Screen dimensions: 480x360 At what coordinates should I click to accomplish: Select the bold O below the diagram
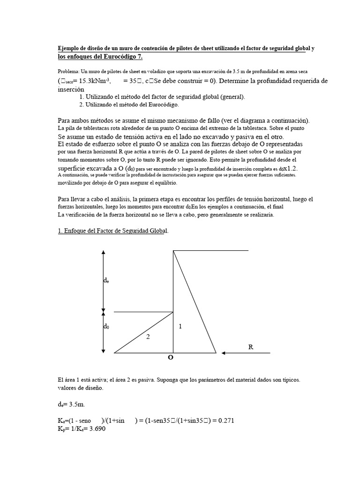tap(171, 357)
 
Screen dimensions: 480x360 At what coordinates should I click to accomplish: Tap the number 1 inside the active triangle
tap(180, 327)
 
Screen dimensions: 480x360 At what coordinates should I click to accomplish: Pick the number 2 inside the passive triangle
tap(148, 336)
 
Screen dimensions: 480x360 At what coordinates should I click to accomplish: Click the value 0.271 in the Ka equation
tap(224, 420)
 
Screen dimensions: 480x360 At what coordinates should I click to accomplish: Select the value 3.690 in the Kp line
tap(96, 428)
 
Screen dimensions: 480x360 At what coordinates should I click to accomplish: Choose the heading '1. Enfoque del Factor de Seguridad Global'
tap(112, 231)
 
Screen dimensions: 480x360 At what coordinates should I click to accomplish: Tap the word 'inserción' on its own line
tap(71, 89)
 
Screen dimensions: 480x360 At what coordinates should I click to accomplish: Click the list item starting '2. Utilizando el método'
tap(129, 105)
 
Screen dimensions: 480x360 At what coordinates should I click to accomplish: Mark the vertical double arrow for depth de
tap(103, 280)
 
